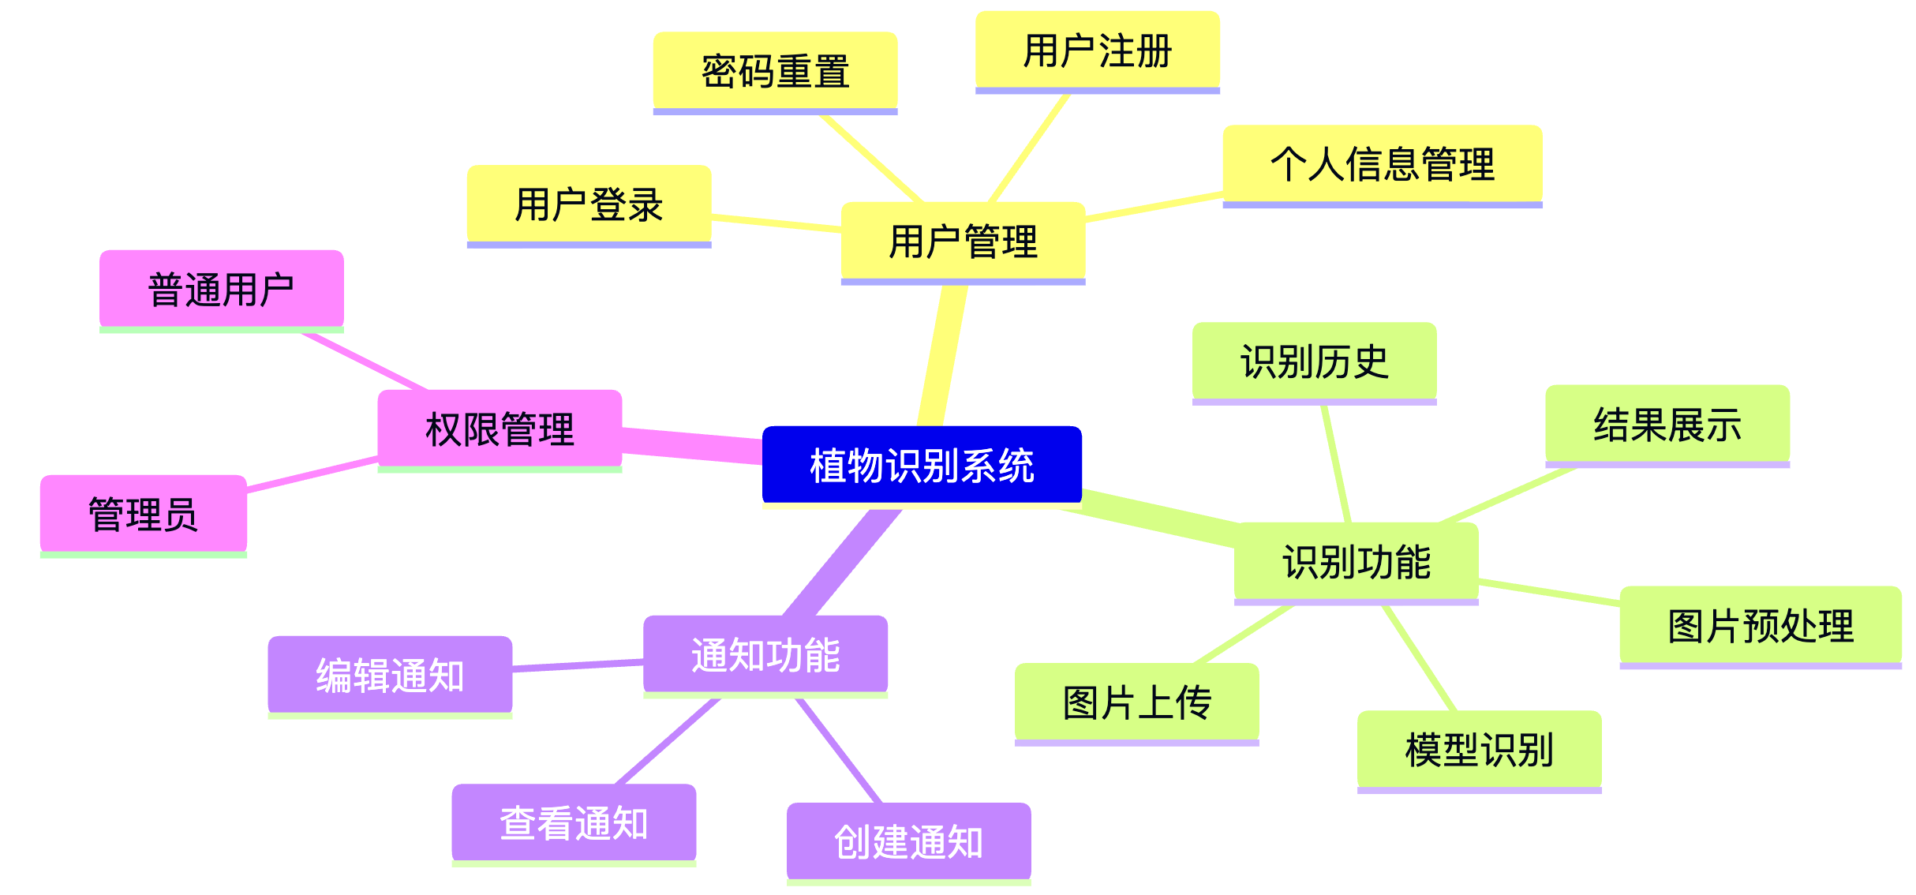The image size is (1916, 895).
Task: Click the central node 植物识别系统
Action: point(922,465)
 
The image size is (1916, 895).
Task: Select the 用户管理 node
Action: point(963,241)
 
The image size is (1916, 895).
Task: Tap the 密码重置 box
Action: point(775,71)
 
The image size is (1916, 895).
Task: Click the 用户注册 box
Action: point(1097,51)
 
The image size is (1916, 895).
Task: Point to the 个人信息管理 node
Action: point(1382,164)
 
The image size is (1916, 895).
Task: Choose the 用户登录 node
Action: point(589,204)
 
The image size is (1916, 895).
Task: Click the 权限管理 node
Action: point(500,429)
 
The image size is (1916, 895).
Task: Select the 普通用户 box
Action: point(221,290)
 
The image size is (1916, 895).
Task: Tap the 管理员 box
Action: point(143,514)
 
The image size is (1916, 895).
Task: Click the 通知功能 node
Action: point(765,655)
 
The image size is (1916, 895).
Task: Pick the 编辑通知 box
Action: point(390,676)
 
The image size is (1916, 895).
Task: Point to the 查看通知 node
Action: point(574,823)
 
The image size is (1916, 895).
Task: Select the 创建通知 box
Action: point(908,842)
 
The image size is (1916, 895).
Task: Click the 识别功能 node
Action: point(1356,562)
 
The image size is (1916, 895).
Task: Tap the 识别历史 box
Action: point(1314,361)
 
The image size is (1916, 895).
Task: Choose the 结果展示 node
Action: point(1667,425)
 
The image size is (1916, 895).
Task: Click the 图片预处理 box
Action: point(1760,626)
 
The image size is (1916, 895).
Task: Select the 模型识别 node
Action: point(1479,750)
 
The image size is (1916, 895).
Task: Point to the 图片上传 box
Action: point(1136,702)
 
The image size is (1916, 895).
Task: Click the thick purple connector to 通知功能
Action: point(841,563)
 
